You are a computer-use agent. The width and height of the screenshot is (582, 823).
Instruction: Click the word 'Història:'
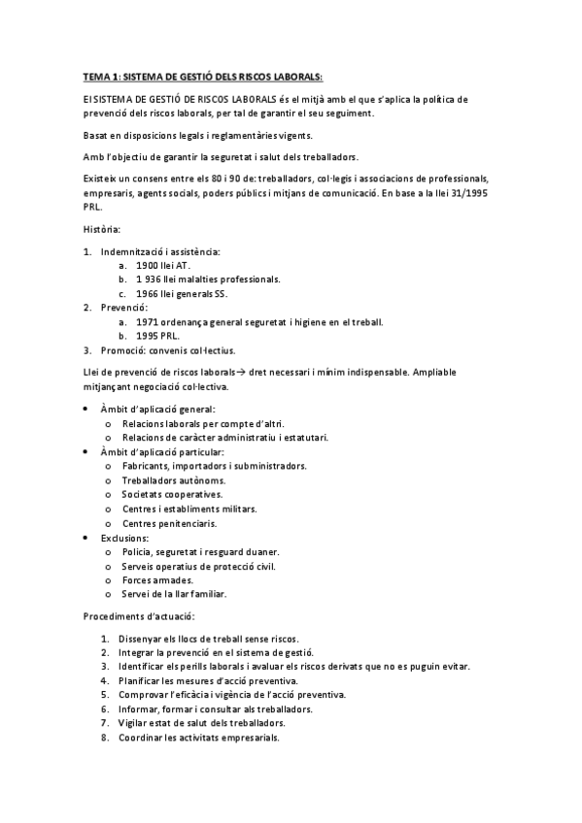coord(102,229)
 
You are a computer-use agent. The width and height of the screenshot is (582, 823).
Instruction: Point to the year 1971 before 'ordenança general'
coord(148,321)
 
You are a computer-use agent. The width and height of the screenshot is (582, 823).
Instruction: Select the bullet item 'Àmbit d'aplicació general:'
coord(158,410)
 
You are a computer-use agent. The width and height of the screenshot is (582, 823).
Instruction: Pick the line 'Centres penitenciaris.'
coord(171,522)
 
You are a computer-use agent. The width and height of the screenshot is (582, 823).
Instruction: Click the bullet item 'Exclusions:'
coord(125,537)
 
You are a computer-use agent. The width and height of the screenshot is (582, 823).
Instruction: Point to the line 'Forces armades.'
coord(157,579)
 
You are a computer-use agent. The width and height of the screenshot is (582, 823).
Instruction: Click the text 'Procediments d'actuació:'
coord(139,616)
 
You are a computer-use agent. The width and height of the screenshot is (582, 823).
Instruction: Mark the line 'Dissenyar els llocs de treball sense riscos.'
coord(214,639)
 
